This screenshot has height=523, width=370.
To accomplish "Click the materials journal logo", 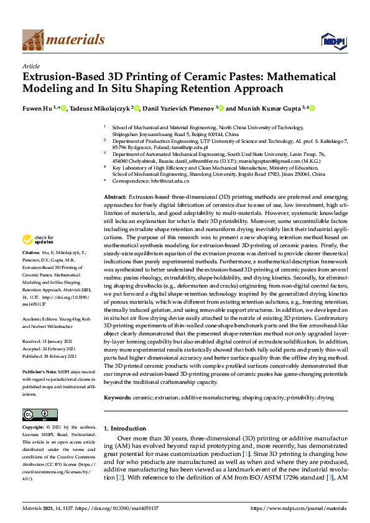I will [x=63, y=40].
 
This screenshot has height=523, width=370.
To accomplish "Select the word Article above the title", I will [x=30, y=66].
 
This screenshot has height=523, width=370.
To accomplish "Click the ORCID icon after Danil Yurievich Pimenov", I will [x=219, y=108].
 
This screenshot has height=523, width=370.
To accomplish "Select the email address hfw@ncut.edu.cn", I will [x=169, y=181].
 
